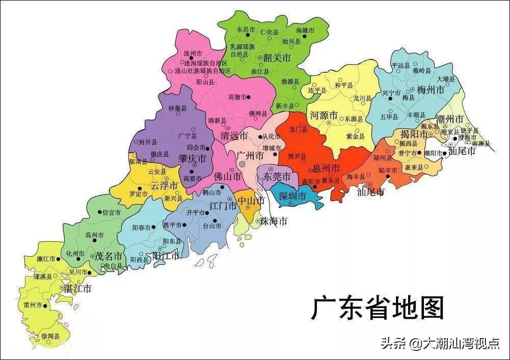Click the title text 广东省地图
tap(378, 309)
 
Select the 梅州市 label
tap(431, 91)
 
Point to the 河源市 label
tap(324, 116)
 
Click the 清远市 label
tap(234, 136)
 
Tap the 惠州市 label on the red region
tap(326, 168)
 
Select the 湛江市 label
tap(77, 288)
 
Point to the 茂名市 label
tap(109, 256)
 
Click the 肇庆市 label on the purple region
tap(192, 159)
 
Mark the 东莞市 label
tap(277, 177)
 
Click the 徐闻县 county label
tap(50, 337)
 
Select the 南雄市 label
tap(305, 31)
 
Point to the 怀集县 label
tap(177, 108)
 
